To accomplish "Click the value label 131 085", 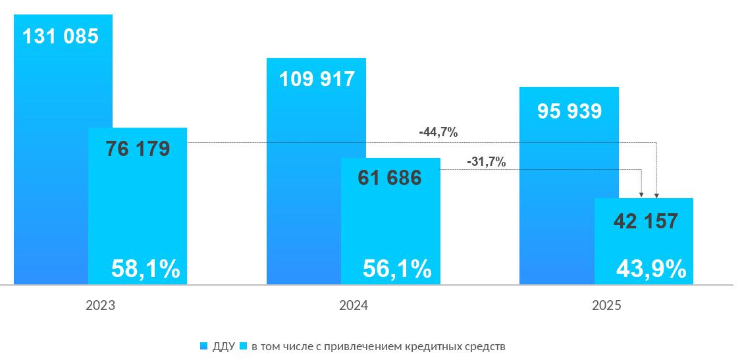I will pos(61,36).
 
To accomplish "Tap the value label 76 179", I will pos(138,149).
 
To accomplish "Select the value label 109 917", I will pos(317,79).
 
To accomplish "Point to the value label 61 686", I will pos(390,178).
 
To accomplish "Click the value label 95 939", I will pos(569,111).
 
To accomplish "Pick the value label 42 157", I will pos(645,222).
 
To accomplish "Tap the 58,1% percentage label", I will pos(146,269).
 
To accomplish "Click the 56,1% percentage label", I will pos(397,269).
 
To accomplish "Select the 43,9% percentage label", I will pos(651,269).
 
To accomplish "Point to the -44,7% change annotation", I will pos(438,132).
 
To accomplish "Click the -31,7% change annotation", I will pos(486,161).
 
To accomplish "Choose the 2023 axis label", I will pos(101,306).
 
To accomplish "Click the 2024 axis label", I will pos(354,306).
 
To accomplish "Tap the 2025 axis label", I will pos(606,306).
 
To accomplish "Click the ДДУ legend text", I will pos(223,346).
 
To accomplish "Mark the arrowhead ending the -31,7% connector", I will pos(642,195).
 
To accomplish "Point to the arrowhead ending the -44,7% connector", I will pos(656,195).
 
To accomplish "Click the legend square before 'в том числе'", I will pos(243,346).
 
